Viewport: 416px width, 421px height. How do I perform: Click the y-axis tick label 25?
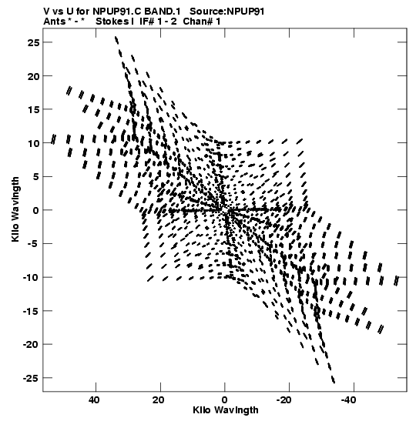pyautogui.click(x=33, y=42)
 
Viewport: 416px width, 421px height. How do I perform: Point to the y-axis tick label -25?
pyautogui.click(x=31, y=378)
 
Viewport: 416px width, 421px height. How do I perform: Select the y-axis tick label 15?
pyautogui.click(x=33, y=109)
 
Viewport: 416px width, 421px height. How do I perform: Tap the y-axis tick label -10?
pyautogui.click(x=31, y=277)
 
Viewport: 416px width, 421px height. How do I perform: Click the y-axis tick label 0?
pyautogui.click(x=36, y=210)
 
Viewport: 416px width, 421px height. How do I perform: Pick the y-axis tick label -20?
pyautogui.click(x=31, y=345)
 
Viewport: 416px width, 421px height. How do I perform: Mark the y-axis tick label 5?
pyautogui.click(x=36, y=177)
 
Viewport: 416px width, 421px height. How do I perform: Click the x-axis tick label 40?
pyautogui.click(x=93, y=400)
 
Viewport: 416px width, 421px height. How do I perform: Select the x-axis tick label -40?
pyautogui.click(x=348, y=400)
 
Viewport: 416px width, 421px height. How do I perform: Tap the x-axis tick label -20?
pyautogui.click(x=283, y=400)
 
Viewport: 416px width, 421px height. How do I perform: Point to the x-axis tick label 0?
pyautogui.click(x=224, y=400)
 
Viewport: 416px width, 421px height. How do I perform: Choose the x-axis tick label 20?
pyautogui.click(x=158, y=400)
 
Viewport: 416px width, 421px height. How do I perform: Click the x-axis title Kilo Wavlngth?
pyautogui.click(x=226, y=410)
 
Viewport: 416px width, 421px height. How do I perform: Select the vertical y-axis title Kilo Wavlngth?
pyautogui.click(x=15, y=209)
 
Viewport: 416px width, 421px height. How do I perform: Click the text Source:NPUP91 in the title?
pyautogui.click(x=227, y=12)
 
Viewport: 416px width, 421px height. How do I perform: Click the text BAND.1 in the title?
pyautogui.click(x=163, y=12)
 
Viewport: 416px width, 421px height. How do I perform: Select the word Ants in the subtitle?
pyautogui.click(x=54, y=22)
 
